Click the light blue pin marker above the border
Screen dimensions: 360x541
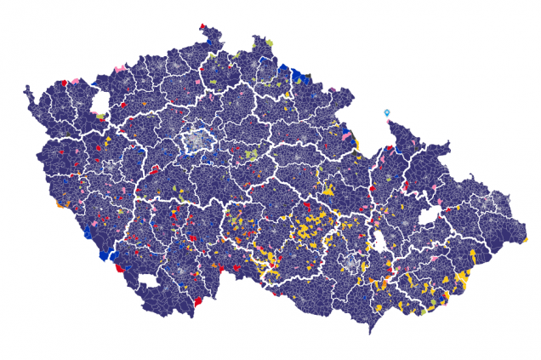click(x=387, y=113)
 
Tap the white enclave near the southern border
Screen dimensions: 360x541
click(x=149, y=281)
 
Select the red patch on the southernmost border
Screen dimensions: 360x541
click(x=198, y=300)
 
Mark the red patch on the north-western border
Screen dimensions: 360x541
click(x=64, y=83)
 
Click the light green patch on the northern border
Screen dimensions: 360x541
click(x=269, y=42)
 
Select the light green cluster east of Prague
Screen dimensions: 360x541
click(x=251, y=156)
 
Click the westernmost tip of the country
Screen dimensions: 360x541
click(x=26, y=87)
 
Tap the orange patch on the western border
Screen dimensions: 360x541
click(x=60, y=205)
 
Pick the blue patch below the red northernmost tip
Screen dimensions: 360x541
click(x=209, y=37)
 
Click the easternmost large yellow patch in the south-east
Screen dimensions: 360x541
click(x=463, y=278)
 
